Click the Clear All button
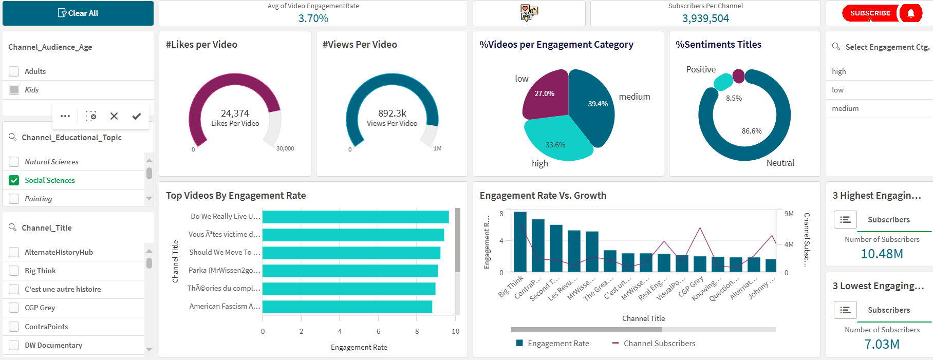coord(78,13)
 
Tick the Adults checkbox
coord(14,71)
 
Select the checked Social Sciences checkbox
coord(14,180)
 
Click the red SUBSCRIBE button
coord(870,13)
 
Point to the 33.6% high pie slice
coord(557,141)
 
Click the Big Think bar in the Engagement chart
coord(520,241)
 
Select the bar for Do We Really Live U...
coord(356,217)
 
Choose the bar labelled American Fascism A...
coord(347,307)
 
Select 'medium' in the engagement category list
coord(845,108)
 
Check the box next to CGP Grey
coord(14,308)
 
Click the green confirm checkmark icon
coord(136,117)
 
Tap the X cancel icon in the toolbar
coord(114,117)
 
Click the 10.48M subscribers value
coord(882,254)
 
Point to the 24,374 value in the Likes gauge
coord(235,113)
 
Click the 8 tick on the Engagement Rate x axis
coord(417,331)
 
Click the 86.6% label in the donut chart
coord(752,131)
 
